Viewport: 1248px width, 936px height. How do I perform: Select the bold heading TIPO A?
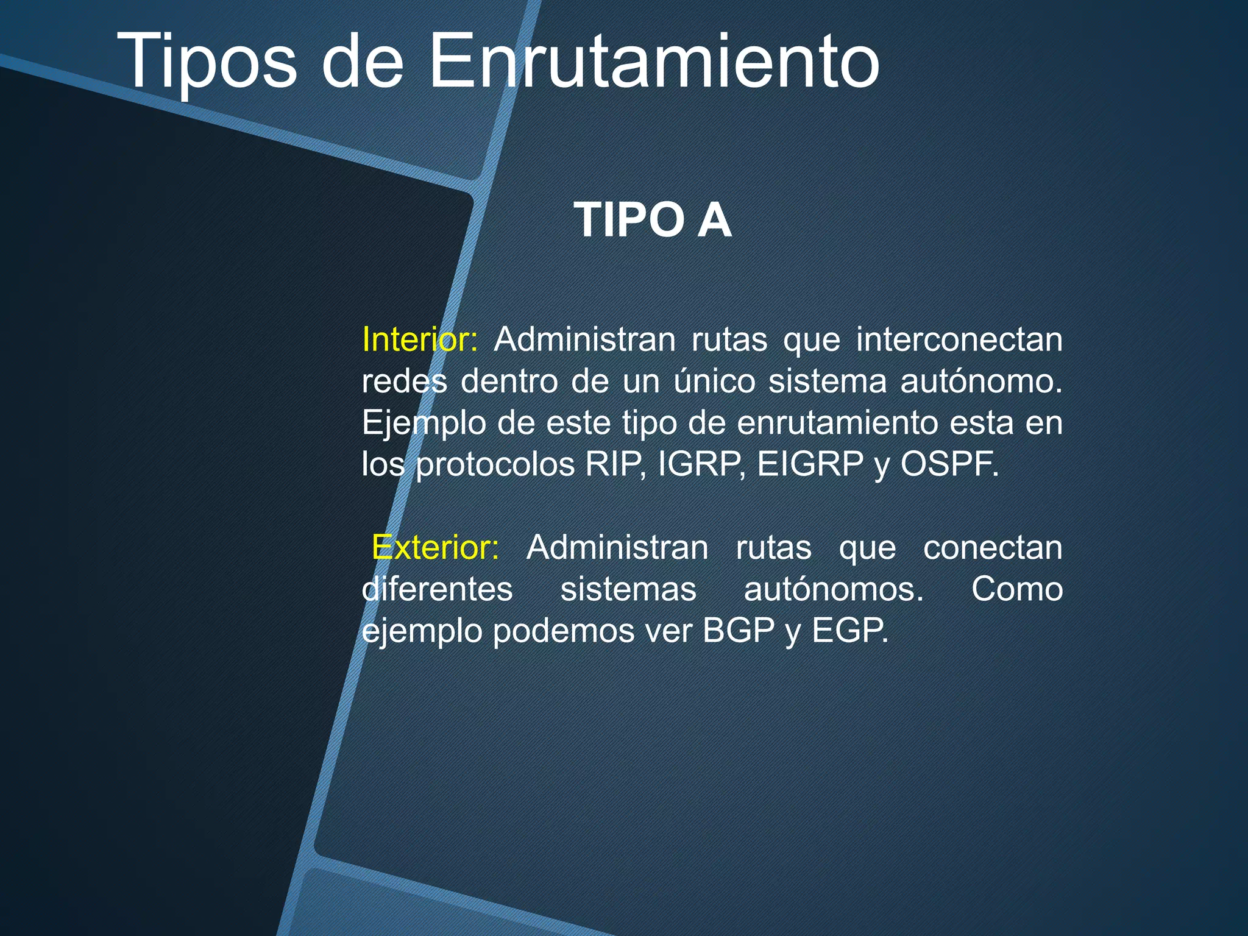[652, 220]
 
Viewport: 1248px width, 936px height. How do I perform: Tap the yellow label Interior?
[420, 339]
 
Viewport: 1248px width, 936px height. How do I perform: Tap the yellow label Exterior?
[435, 547]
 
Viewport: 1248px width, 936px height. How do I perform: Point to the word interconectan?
[959, 339]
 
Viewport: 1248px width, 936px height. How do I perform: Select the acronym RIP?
[614, 464]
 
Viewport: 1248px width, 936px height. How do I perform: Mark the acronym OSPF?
[949, 464]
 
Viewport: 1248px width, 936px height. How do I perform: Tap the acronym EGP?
[849, 630]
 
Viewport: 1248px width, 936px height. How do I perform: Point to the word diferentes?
[437, 589]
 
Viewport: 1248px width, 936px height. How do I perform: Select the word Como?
[1017, 589]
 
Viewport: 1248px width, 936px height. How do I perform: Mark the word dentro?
[509, 381]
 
